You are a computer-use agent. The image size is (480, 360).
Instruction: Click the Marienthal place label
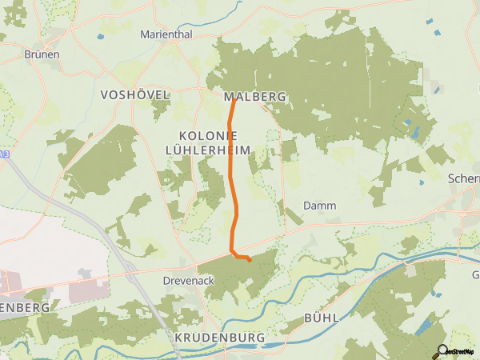coord(166,34)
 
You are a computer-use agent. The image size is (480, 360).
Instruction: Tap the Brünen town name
coord(43,54)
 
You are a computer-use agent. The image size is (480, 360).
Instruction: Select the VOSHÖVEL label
coord(135,95)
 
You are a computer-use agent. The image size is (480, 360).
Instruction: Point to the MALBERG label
coord(249,97)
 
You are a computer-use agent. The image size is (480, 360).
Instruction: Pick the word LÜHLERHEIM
coord(207,150)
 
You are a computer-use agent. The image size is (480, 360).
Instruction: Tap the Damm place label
coord(319,206)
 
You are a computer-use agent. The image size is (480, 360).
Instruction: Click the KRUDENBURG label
coord(219,338)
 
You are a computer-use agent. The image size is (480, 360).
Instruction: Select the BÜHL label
coord(322,318)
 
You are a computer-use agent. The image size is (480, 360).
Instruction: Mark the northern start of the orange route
coord(234,98)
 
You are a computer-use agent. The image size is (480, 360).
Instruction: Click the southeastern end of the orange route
coord(250,260)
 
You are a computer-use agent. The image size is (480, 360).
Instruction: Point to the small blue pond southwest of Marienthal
coord(100,37)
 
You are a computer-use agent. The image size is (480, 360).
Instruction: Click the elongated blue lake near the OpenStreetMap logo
coord(423,327)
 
